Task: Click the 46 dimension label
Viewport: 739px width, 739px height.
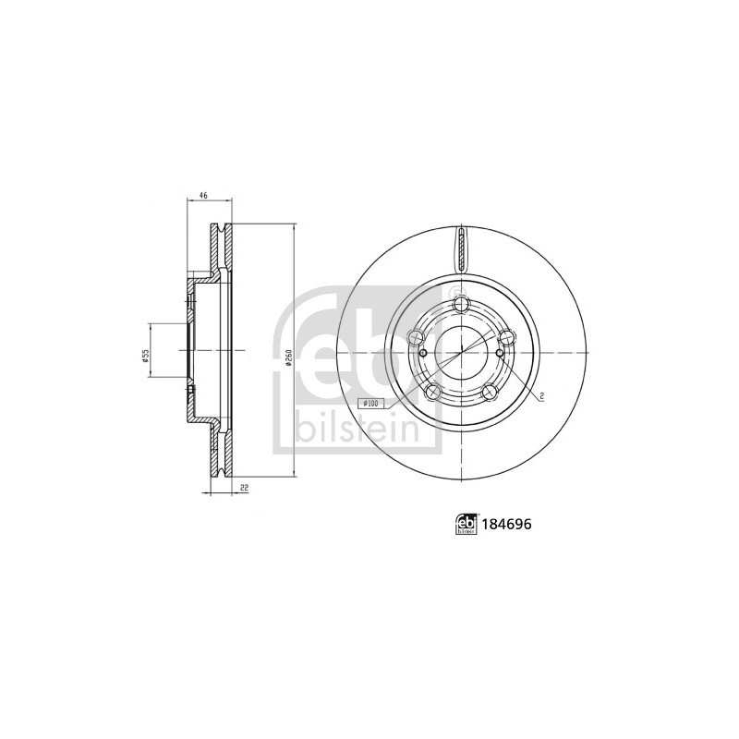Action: click(203, 194)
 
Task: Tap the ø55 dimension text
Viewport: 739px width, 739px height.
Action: click(146, 356)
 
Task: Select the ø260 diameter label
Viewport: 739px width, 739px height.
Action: click(289, 358)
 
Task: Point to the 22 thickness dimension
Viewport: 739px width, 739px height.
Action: click(244, 489)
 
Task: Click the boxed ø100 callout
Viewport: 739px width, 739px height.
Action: click(372, 403)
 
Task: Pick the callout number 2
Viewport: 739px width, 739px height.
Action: click(542, 397)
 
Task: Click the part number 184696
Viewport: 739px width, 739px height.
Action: click(505, 524)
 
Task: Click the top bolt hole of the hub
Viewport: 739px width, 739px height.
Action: click(460, 304)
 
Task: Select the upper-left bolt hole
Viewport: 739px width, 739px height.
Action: click(418, 336)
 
